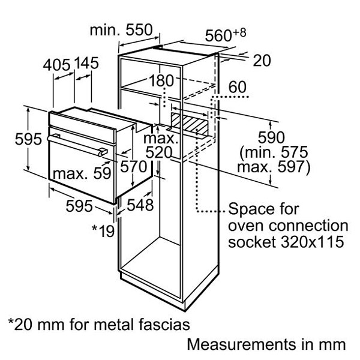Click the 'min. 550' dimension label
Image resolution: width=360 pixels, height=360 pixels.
(121, 30)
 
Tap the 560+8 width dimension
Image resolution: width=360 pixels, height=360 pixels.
(226, 35)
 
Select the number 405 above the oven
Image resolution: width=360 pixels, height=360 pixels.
(56, 65)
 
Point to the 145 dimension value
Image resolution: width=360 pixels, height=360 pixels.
(86, 63)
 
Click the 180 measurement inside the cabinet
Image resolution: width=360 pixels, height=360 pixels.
(161, 80)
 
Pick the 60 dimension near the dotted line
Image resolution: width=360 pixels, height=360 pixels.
(238, 87)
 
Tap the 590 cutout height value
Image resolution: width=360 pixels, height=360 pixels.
(271, 137)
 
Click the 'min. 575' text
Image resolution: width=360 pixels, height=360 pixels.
(274, 152)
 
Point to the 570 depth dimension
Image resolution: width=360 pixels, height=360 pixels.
(134, 166)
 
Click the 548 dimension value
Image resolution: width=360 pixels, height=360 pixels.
(140, 205)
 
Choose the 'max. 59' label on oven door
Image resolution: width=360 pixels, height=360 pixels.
(82, 173)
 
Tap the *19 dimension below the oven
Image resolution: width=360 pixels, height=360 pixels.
(103, 230)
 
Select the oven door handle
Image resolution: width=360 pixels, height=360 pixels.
(77, 145)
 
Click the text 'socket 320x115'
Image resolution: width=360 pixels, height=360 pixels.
(286, 242)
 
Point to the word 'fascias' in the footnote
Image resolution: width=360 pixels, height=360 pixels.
(164, 325)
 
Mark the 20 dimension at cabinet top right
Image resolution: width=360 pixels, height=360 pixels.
(262, 61)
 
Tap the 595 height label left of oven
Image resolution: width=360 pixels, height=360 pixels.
(28, 139)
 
